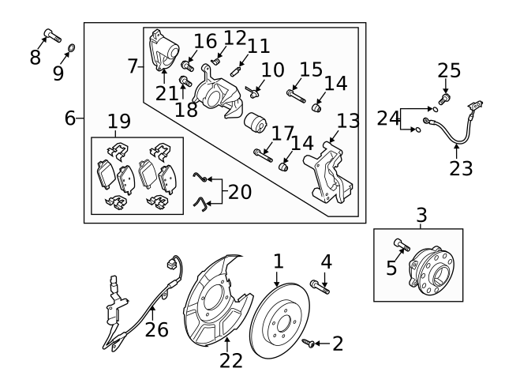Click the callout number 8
[35, 57]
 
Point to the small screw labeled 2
[312, 343]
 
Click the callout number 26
[156, 329]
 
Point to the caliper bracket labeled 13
[330, 177]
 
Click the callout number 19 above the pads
[119, 122]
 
